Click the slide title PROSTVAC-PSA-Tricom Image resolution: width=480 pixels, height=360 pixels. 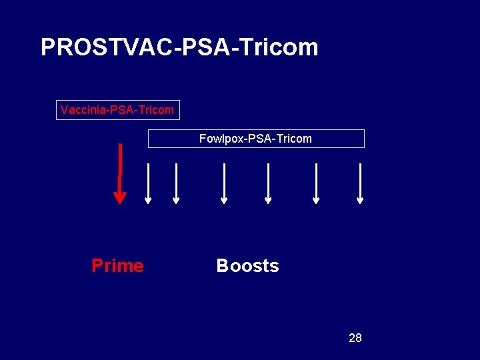179,47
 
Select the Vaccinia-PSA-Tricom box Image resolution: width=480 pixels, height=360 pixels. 117,110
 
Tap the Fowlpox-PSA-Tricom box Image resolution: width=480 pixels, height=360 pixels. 256,139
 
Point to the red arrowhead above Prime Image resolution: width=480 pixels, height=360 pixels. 120,197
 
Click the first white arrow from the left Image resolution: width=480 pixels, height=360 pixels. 148,183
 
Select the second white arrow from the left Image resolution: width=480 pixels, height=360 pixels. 176,183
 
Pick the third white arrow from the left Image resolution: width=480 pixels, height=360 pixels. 224,183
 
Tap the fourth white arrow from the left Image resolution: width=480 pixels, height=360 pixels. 268,183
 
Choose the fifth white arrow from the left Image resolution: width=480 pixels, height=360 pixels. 316,183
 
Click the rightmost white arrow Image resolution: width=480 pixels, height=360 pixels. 360,183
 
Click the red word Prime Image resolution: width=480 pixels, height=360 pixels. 117,266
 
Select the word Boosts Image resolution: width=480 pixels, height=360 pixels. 247,266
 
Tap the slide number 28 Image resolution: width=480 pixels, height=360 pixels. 355,338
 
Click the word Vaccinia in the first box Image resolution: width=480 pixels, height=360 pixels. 81,110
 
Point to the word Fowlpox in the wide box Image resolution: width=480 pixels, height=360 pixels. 220,139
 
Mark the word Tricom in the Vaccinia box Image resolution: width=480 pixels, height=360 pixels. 157,110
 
